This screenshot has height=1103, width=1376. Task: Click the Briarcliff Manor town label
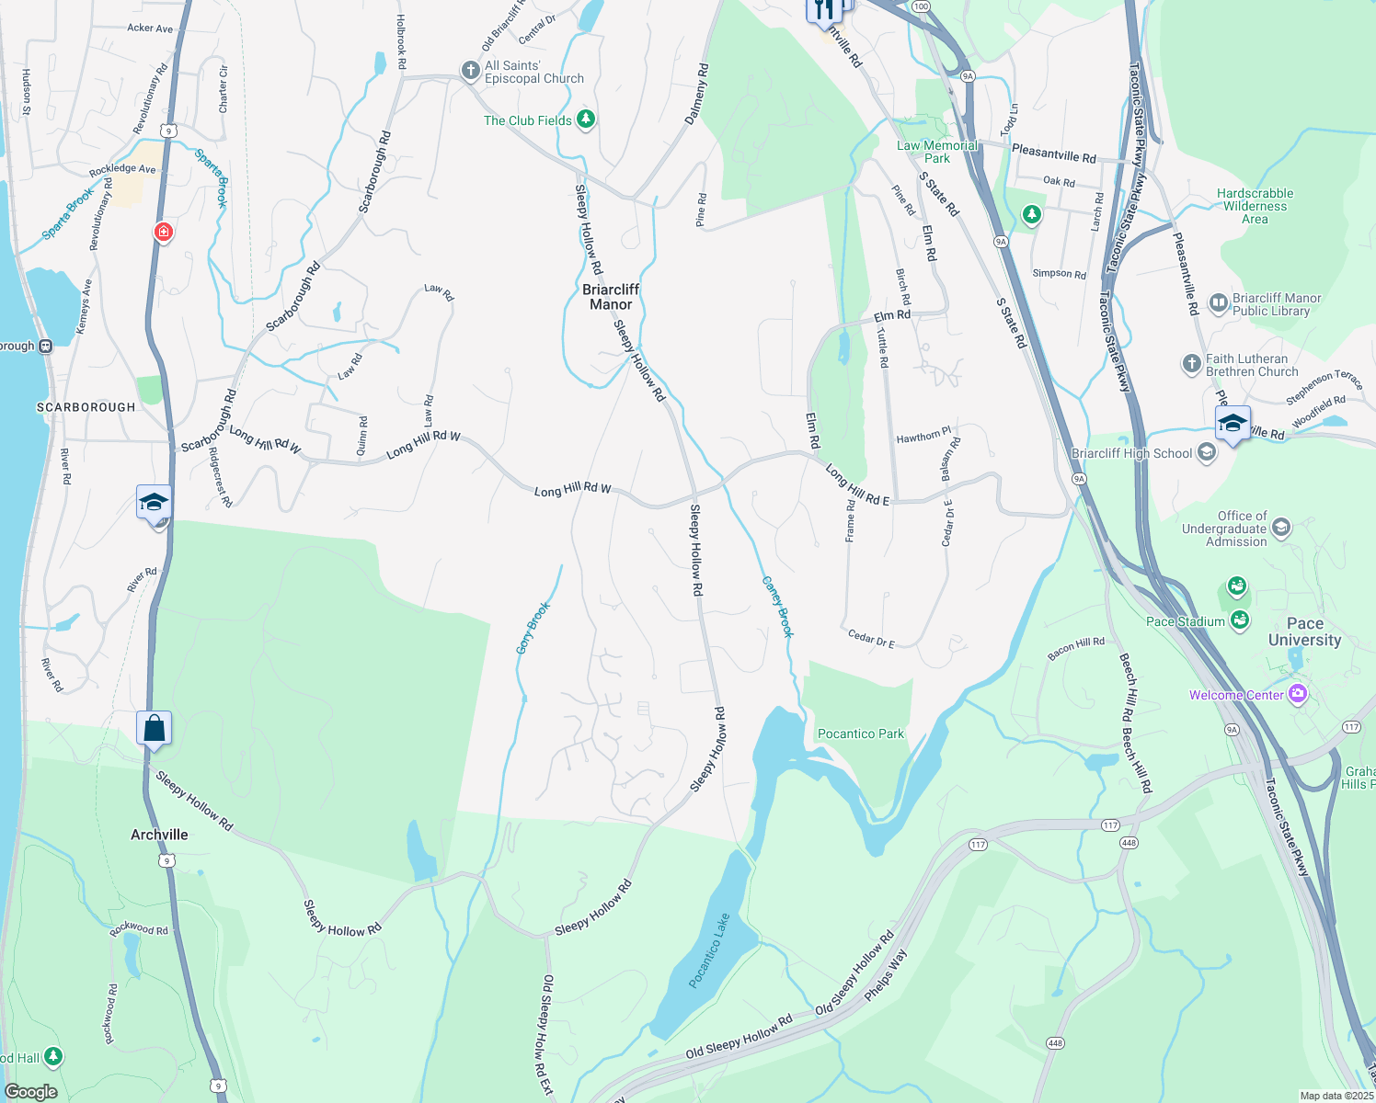(x=611, y=297)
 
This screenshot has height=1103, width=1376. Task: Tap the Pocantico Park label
(x=861, y=733)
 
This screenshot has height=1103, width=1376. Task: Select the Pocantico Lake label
(x=709, y=950)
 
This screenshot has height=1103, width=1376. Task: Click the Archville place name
(x=159, y=835)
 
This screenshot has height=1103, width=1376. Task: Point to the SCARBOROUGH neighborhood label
(x=86, y=407)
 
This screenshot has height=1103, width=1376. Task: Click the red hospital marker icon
(x=164, y=232)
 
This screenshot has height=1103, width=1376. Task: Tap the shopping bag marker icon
(x=155, y=728)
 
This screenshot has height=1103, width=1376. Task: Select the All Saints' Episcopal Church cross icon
(x=470, y=72)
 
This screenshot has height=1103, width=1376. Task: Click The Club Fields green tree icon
(x=585, y=119)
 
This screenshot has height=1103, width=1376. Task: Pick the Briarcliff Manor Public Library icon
(x=1219, y=303)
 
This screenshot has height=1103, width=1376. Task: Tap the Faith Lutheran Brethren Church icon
(x=1192, y=364)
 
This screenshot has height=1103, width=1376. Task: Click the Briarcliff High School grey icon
(x=1207, y=453)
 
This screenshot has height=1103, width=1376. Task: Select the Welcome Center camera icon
(x=1298, y=694)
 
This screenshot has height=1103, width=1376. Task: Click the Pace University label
(x=1304, y=631)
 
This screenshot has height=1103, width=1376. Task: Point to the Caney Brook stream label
(x=778, y=608)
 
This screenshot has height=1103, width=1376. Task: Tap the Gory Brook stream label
(x=533, y=628)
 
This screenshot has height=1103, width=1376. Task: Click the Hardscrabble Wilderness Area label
(x=1255, y=206)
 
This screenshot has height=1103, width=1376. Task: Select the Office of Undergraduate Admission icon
(x=1281, y=528)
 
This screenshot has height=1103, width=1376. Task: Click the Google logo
(x=31, y=1092)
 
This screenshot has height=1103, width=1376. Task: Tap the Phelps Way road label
(x=886, y=973)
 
